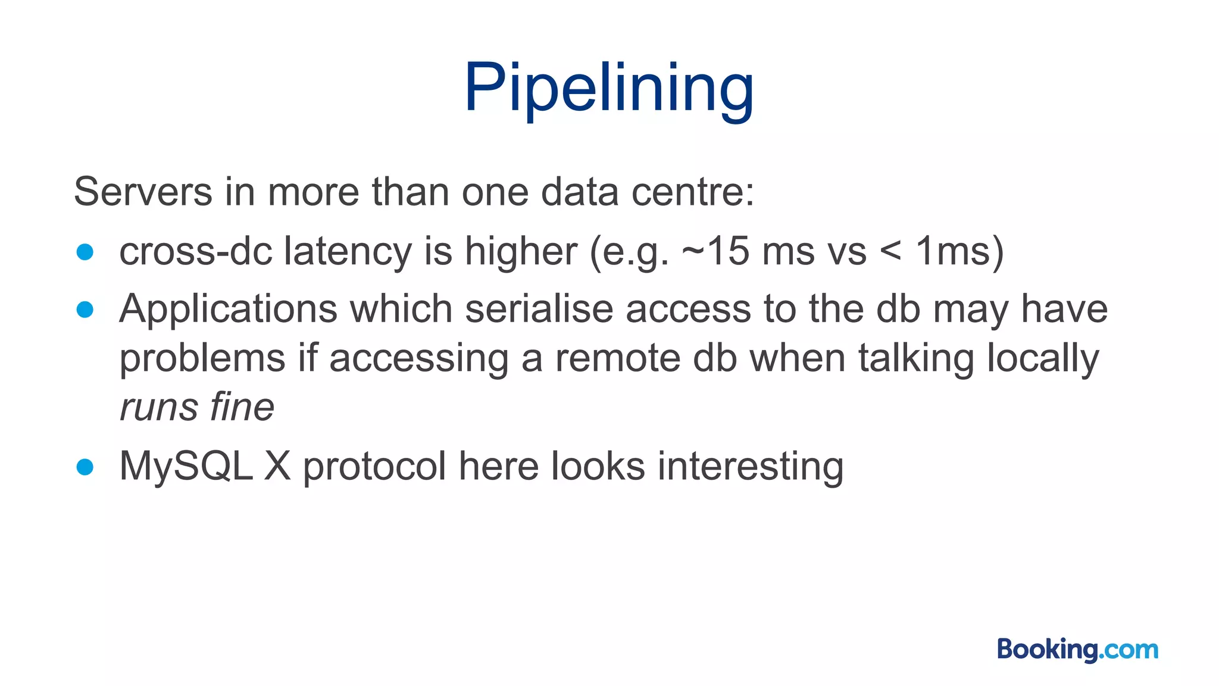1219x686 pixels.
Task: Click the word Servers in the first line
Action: [143, 192]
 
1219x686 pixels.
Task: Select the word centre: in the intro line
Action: [692, 192]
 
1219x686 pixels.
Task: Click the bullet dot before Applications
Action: [85, 310]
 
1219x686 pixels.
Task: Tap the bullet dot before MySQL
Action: [85, 467]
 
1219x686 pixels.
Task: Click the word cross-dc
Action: [195, 251]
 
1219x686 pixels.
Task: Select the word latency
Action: [348, 251]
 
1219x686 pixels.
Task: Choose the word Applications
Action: [228, 310]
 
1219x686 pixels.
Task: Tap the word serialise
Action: [539, 310]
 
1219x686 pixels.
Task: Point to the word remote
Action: [617, 358]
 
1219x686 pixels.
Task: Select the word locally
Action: [1043, 358]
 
